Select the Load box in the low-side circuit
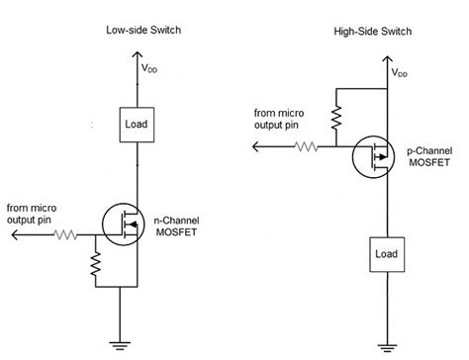pyautogui.click(x=135, y=124)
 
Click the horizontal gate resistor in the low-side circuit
pyautogui.click(x=67, y=235)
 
